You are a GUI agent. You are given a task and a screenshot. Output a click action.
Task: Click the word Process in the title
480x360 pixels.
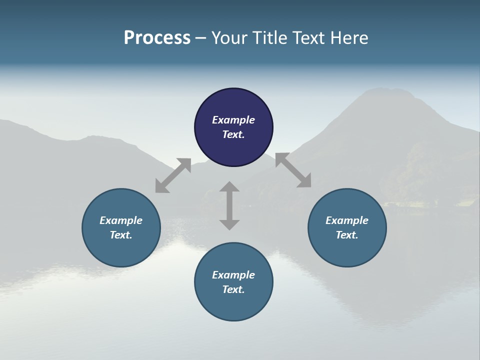[x=157, y=38]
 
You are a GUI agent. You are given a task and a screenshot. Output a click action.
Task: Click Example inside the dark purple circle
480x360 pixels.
[x=233, y=120]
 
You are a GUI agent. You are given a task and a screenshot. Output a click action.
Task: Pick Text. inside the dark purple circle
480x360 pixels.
[x=233, y=134]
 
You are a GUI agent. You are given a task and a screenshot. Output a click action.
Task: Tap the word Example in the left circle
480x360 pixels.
[x=121, y=220]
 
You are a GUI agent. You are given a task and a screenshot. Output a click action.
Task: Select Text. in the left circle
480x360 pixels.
[x=121, y=235]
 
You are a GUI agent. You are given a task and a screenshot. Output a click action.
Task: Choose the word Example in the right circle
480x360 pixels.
[x=347, y=220]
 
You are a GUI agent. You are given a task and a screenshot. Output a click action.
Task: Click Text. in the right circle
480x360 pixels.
[x=347, y=235]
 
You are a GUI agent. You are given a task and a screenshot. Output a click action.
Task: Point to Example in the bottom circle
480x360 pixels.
[x=233, y=275]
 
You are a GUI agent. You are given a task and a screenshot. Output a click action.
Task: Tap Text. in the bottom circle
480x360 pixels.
[x=233, y=289]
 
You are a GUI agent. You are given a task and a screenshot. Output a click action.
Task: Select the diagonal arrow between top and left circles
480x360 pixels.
[x=173, y=175]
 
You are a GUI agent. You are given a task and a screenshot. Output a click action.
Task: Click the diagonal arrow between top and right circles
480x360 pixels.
[x=293, y=170]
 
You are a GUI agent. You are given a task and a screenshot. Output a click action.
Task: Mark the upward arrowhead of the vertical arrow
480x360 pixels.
[x=229, y=187]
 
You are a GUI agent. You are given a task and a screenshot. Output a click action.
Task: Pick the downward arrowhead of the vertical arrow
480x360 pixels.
[x=229, y=224]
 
